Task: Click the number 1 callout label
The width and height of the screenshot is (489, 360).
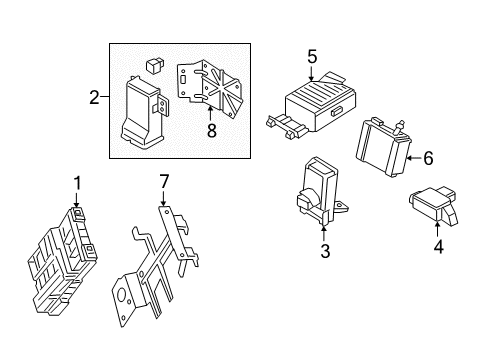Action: click(x=76, y=182)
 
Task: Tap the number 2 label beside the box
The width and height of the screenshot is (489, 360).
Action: click(x=94, y=98)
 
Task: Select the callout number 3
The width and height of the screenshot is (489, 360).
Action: click(x=325, y=251)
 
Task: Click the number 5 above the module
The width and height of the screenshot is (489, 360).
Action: click(x=312, y=56)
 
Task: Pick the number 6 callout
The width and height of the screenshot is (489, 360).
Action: click(x=428, y=157)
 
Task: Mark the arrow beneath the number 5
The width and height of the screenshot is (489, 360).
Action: click(x=312, y=72)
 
